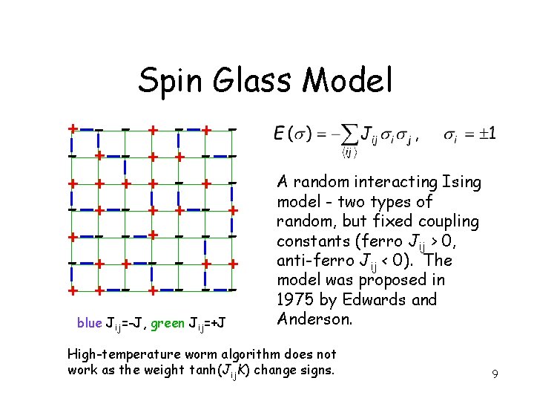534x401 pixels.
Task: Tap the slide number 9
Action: pos(494,376)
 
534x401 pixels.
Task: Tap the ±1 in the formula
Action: pos(486,134)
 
